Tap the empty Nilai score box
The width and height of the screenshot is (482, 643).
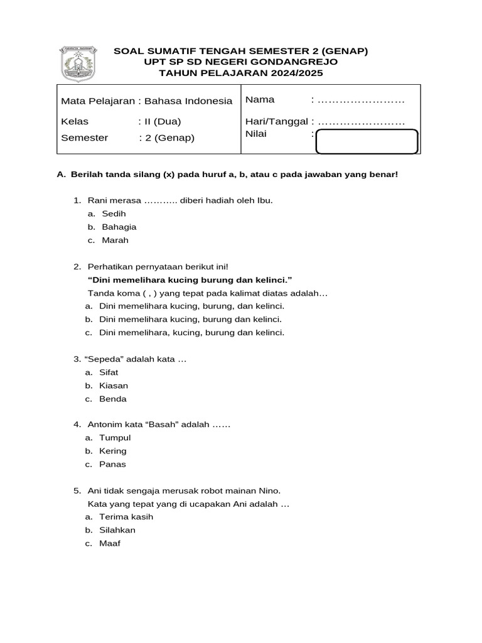pyautogui.click(x=367, y=141)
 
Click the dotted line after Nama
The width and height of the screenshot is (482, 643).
pyautogui.click(x=361, y=100)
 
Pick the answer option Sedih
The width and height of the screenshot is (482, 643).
pyautogui.click(x=114, y=213)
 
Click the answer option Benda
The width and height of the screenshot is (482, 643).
pyautogui.click(x=113, y=399)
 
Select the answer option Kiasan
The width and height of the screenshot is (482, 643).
pyautogui.click(x=114, y=386)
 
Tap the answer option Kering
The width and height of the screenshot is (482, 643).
pyautogui.click(x=113, y=451)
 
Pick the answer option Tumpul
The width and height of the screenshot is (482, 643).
pyautogui.click(x=115, y=438)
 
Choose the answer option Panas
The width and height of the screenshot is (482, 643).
pyautogui.click(x=113, y=464)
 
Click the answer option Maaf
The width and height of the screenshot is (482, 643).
pyautogui.click(x=109, y=543)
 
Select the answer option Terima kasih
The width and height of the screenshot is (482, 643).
pyautogui.click(x=126, y=517)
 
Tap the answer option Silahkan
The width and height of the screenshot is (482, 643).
pyautogui.click(x=117, y=530)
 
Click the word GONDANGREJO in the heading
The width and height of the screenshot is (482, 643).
pyautogui.click(x=293, y=62)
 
